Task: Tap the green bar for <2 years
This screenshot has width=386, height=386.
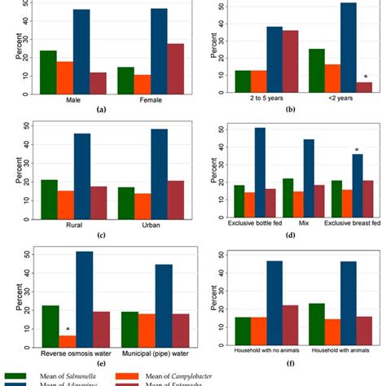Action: click(318, 70)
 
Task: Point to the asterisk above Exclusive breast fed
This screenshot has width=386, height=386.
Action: click(356, 149)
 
